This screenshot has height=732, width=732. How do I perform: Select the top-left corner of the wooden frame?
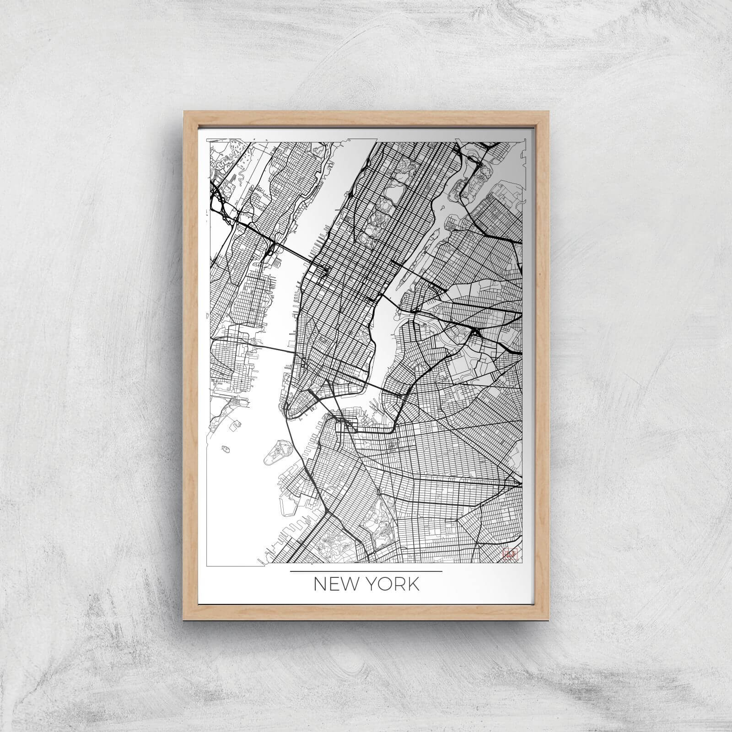point(184,111)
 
